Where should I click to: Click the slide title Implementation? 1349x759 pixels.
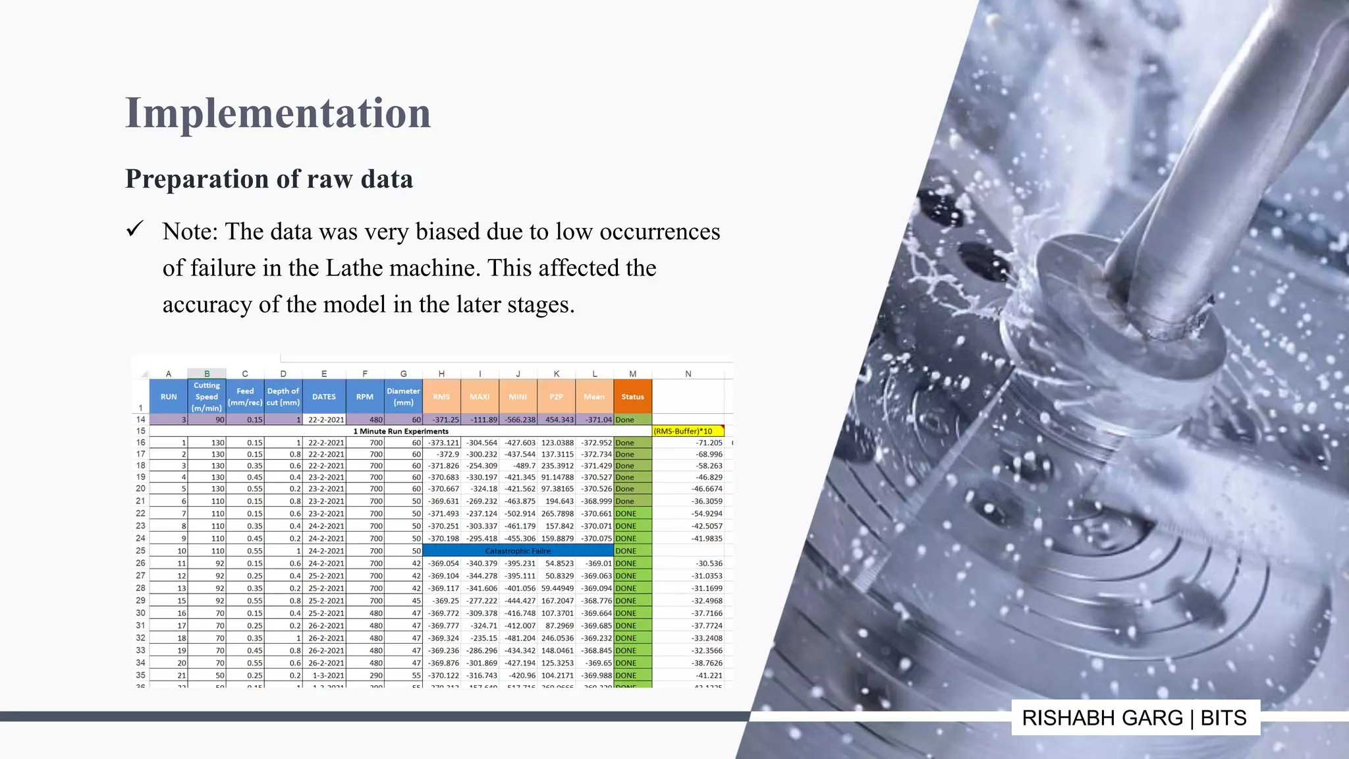click(278, 113)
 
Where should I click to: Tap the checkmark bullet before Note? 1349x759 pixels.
click(135, 229)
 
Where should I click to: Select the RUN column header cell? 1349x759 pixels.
click(169, 397)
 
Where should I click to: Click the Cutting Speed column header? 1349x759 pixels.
click(207, 397)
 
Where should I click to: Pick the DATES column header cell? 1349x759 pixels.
click(323, 397)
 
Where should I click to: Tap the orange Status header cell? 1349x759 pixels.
click(632, 397)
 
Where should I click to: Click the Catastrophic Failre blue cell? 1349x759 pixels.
click(518, 551)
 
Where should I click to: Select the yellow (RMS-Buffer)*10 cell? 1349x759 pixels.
click(687, 431)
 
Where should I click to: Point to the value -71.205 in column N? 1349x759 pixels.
click(709, 443)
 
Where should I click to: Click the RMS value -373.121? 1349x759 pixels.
click(443, 443)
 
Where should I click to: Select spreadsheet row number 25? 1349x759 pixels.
click(140, 551)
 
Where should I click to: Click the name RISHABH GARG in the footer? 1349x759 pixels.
click(1102, 717)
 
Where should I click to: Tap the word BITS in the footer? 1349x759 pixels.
click(1223, 717)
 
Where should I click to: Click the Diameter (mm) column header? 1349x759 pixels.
click(403, 397)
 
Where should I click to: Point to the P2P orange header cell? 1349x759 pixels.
click(556, 397)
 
